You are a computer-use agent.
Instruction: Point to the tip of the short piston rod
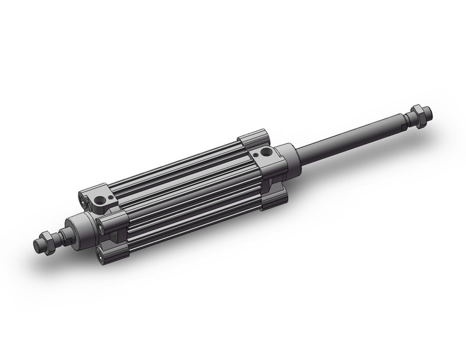pyautogui.click(x=36, y=247)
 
